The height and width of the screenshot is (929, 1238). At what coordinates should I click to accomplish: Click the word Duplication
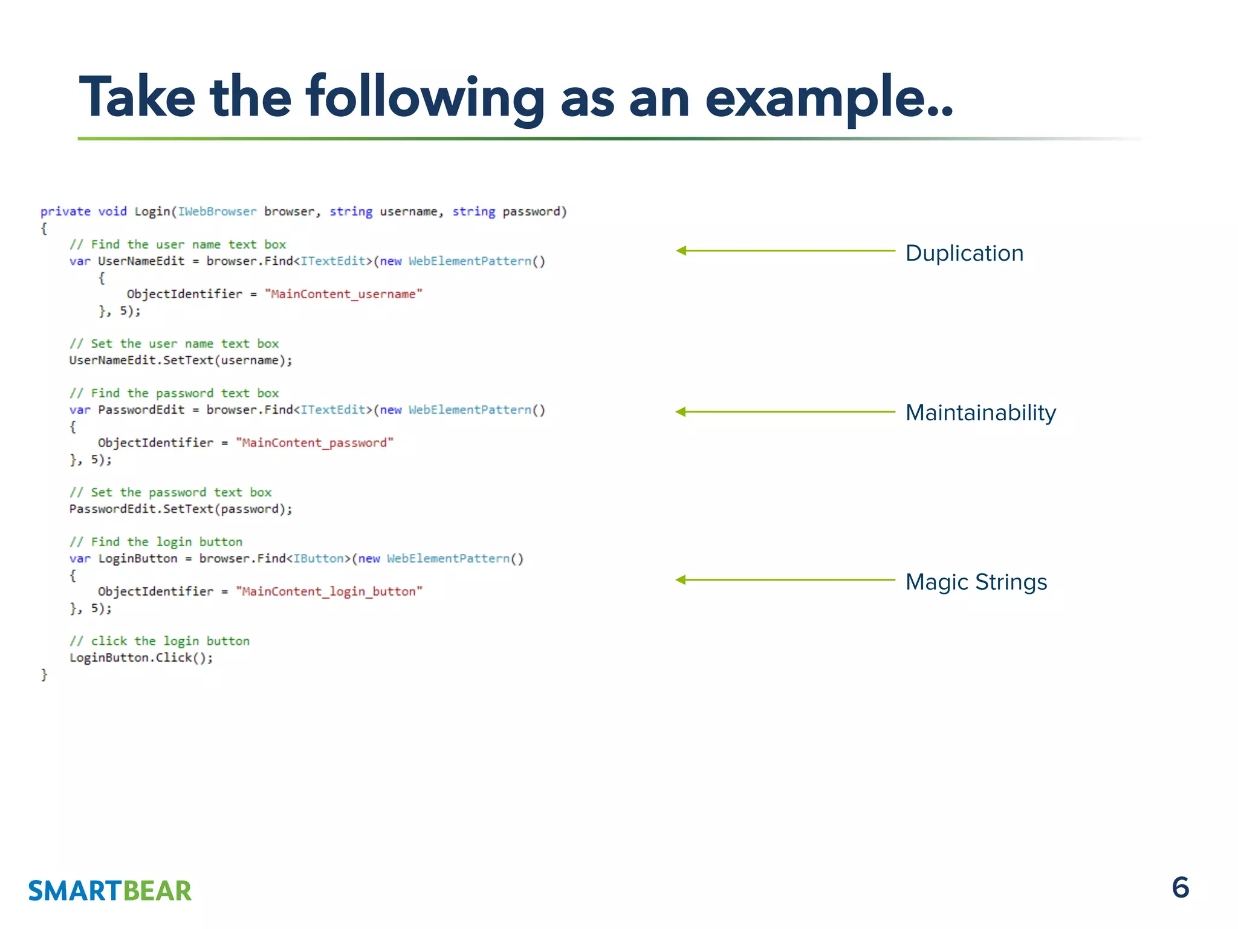[964, 253]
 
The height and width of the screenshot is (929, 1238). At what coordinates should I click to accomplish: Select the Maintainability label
[980, 412]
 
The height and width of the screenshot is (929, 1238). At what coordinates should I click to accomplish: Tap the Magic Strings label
[976, 582]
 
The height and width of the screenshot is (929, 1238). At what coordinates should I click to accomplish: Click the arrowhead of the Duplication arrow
[681, 250]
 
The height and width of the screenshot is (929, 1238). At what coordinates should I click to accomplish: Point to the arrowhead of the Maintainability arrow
[681, 412]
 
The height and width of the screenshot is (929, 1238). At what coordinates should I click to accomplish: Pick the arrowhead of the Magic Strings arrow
[681, 580]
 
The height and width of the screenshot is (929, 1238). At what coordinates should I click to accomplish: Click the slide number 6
[1180, 888]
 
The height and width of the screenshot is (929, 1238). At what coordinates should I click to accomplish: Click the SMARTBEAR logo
[109, 891]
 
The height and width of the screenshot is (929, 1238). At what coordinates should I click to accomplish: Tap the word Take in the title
[137, 97]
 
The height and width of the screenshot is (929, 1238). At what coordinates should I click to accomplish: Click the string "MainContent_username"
[343, 294]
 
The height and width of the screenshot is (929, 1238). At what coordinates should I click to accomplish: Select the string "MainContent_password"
[314, 443]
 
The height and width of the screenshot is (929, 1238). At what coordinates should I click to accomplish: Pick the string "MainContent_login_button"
[329, 592]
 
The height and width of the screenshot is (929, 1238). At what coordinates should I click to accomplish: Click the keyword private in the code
[65, 212]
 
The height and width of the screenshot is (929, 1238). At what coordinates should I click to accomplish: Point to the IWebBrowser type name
[217, 212]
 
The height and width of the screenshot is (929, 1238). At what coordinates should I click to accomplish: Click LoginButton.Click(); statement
[141, 657]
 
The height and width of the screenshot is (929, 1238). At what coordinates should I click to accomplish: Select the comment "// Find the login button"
[156, 542]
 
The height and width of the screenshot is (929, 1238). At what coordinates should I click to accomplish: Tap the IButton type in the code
[319, 558]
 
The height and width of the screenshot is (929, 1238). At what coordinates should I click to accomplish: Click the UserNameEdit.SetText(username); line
[180, 360]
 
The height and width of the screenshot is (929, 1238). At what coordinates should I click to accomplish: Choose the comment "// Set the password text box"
[170, 492]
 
